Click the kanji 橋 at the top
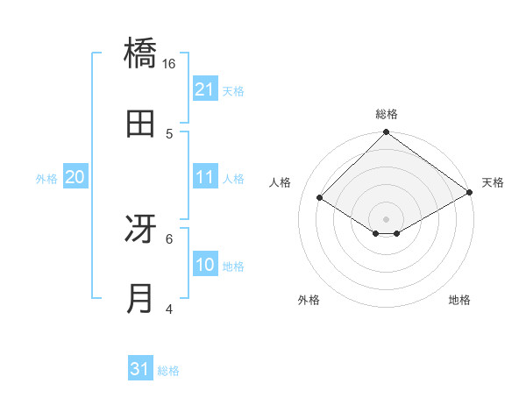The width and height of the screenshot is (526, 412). [x=141, y=53]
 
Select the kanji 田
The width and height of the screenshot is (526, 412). [x=141, y=124]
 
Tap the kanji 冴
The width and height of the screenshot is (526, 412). [x=141, y=229]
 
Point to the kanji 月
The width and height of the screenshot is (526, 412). [x=141, y=299]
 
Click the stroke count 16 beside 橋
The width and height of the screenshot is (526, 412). [x=169, y=63]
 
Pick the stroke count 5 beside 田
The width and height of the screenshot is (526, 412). [x=169, y=133]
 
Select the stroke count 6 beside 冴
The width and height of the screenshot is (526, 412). [x=169, y=238]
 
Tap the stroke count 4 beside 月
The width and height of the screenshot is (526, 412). [x=169, y=309]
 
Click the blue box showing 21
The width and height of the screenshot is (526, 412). [x=205, y=89]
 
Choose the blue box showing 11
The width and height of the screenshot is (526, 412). [x=205, y=177]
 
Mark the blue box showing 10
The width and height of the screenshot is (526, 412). [x=205, y=265]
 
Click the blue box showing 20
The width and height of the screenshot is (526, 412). [x=75, y=177]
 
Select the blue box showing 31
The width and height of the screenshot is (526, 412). [x=140, y=369]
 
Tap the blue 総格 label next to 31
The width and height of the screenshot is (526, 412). [x=168, y=371]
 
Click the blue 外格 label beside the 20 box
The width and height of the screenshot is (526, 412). [x=46, y=179]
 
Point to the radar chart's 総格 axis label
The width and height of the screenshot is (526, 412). [x=387, y=114]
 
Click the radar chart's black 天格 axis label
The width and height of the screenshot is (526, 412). [x=494, y=182]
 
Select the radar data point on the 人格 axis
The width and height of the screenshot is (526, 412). [x=320, y=198]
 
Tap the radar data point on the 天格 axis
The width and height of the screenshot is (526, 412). [x=470, y=193]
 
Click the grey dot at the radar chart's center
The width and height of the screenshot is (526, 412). [x=387, y=218]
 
